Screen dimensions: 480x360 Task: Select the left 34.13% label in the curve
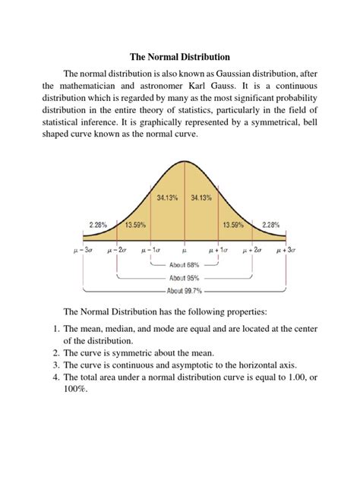pyautogui.click(x=167, y=197)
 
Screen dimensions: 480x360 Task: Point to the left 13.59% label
pyautogui.click(x=134, y=225)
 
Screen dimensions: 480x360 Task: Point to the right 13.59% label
pyautogui.click(x=234, y=225)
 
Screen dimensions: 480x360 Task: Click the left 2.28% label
pyautogui.click(x=99, y=225)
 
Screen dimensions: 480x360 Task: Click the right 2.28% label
pyautogui.click(x=270, y=225)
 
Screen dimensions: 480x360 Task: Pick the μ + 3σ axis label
pyautogui.click(x=285, y=249)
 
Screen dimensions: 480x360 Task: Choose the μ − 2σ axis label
pyautogui.click(x=117, y=249)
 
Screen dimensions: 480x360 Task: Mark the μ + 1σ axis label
pyautogui.click(x=218, y=249)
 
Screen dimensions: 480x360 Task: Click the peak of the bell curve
pyautogui.click(x=184, y=162)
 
